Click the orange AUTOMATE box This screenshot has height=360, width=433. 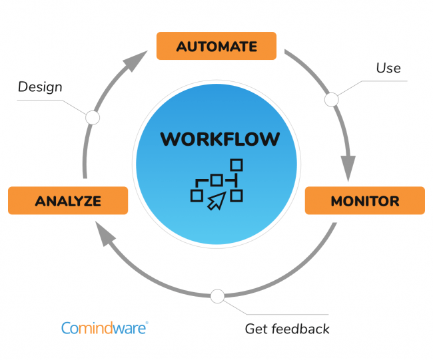217,47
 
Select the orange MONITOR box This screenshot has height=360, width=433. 364,201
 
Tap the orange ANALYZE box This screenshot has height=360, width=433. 68,201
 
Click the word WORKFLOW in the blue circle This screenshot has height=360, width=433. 220,140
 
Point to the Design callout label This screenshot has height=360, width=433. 40,87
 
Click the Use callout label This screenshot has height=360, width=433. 388,68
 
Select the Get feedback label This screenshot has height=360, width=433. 287,329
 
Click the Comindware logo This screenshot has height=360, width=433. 103,327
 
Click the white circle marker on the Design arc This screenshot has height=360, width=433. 93,118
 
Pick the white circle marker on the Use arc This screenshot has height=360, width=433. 331,100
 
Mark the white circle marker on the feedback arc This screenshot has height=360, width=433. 217,295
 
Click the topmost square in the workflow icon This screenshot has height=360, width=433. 236,164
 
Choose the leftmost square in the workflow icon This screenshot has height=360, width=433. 197,195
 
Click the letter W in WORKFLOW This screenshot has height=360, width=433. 170,140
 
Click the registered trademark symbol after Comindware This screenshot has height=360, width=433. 147,323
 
